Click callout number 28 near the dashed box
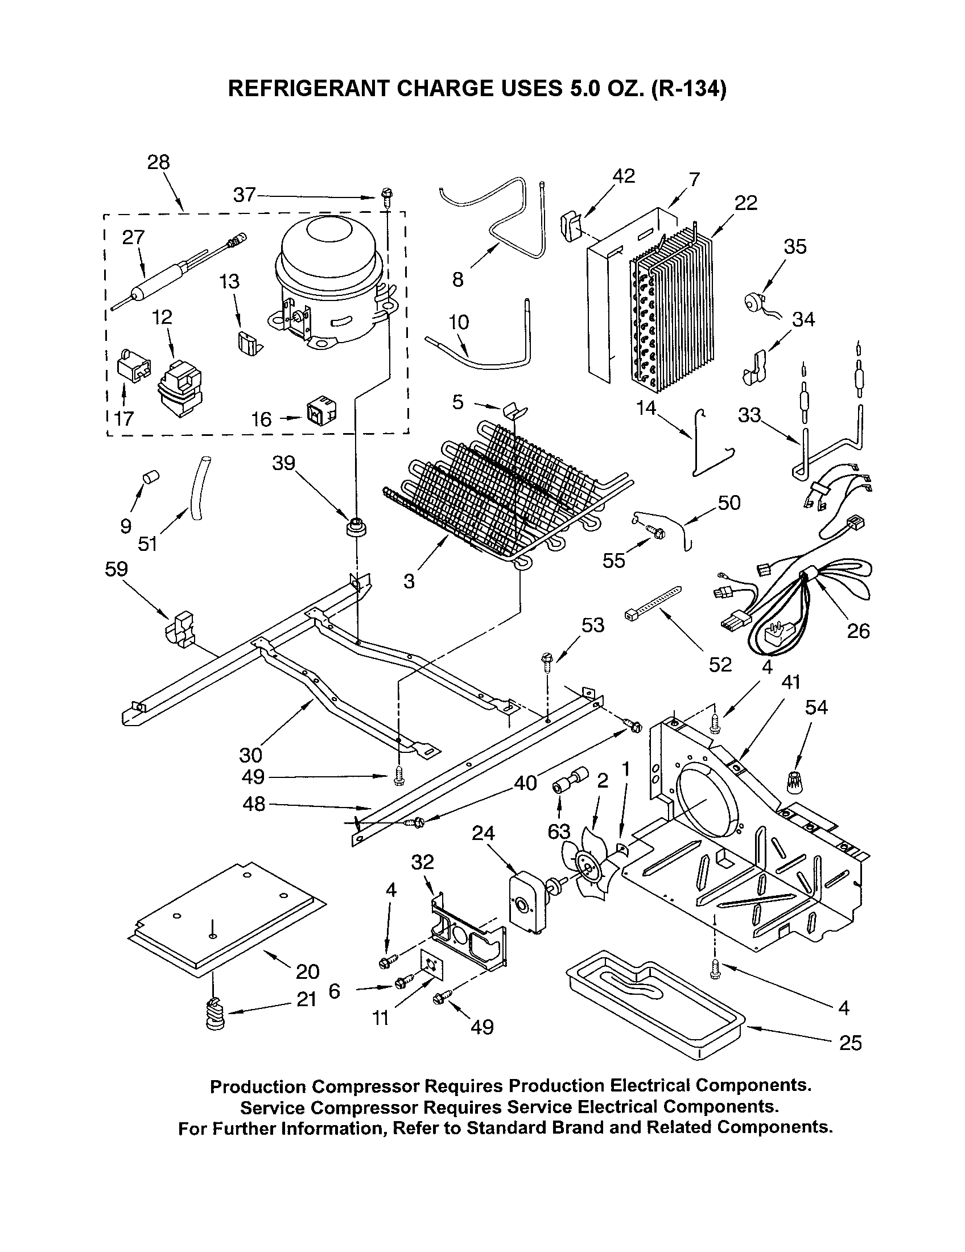158,162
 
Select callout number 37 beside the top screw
244,195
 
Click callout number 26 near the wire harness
857,631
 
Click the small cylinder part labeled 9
150,476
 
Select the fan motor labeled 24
528,901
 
